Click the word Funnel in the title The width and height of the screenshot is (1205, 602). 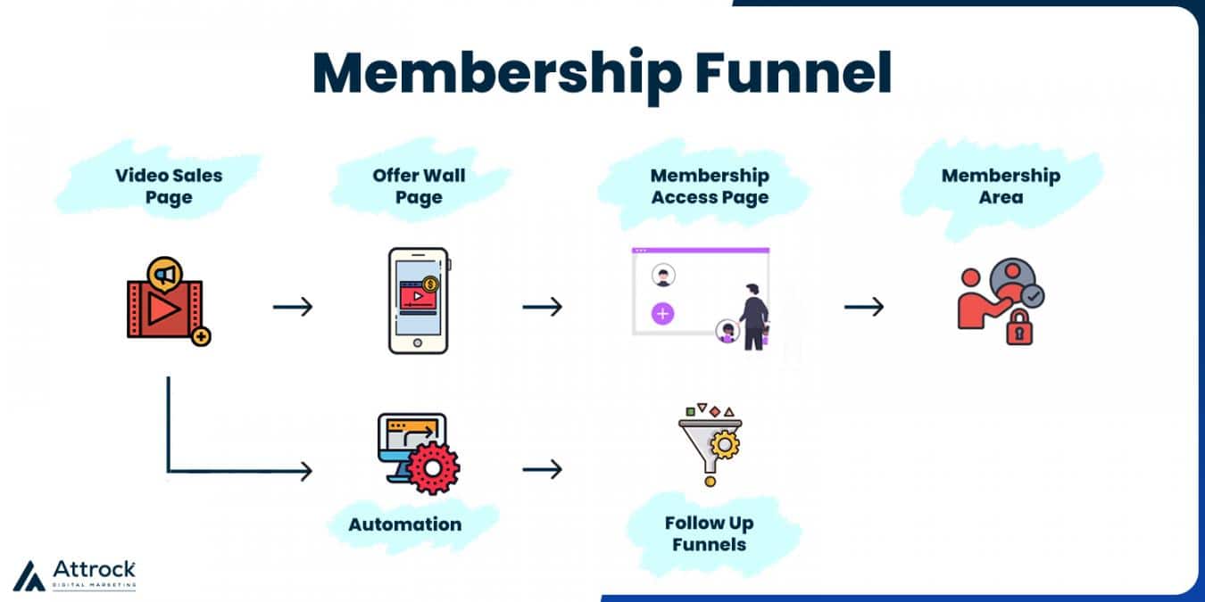click(794, 73)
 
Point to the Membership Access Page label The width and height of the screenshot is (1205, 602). click(710, 186)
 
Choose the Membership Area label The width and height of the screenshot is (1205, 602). click(1001, 186)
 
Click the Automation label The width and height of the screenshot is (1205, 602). click(405, 524)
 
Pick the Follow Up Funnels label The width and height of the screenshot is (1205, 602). click(709, 533)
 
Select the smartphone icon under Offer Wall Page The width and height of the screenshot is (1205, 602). click(418, 301)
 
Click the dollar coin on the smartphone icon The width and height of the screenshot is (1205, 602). click(432, 285)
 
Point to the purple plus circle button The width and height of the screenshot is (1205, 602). click(662, 314)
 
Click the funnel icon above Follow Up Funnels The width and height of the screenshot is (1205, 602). click(711, 445)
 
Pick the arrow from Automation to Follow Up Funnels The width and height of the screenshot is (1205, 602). click(543, 469)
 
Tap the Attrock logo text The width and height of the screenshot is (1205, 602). click(94, 569)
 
